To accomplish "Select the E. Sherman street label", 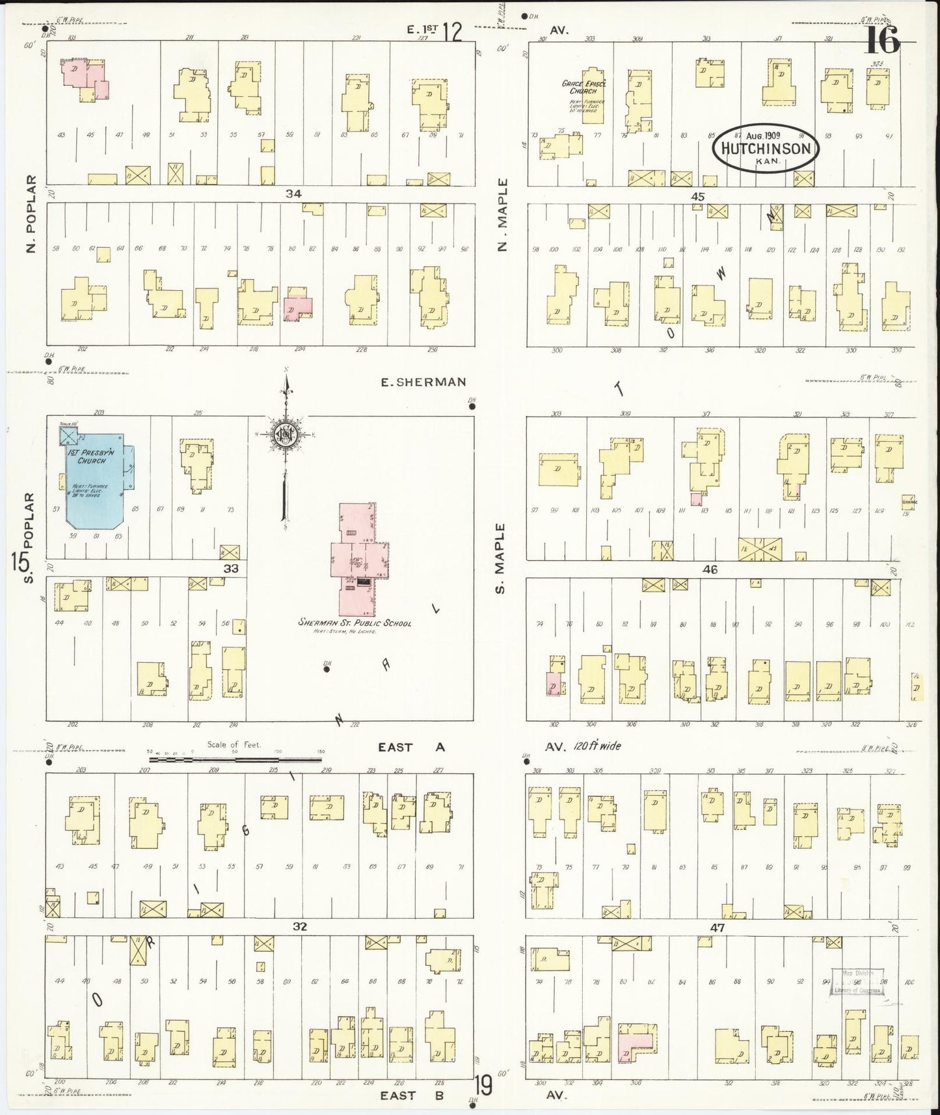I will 423,383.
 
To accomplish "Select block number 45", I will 697,196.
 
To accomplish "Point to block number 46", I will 709,569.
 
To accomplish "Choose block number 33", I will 231,568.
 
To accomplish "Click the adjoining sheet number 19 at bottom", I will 483,1086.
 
